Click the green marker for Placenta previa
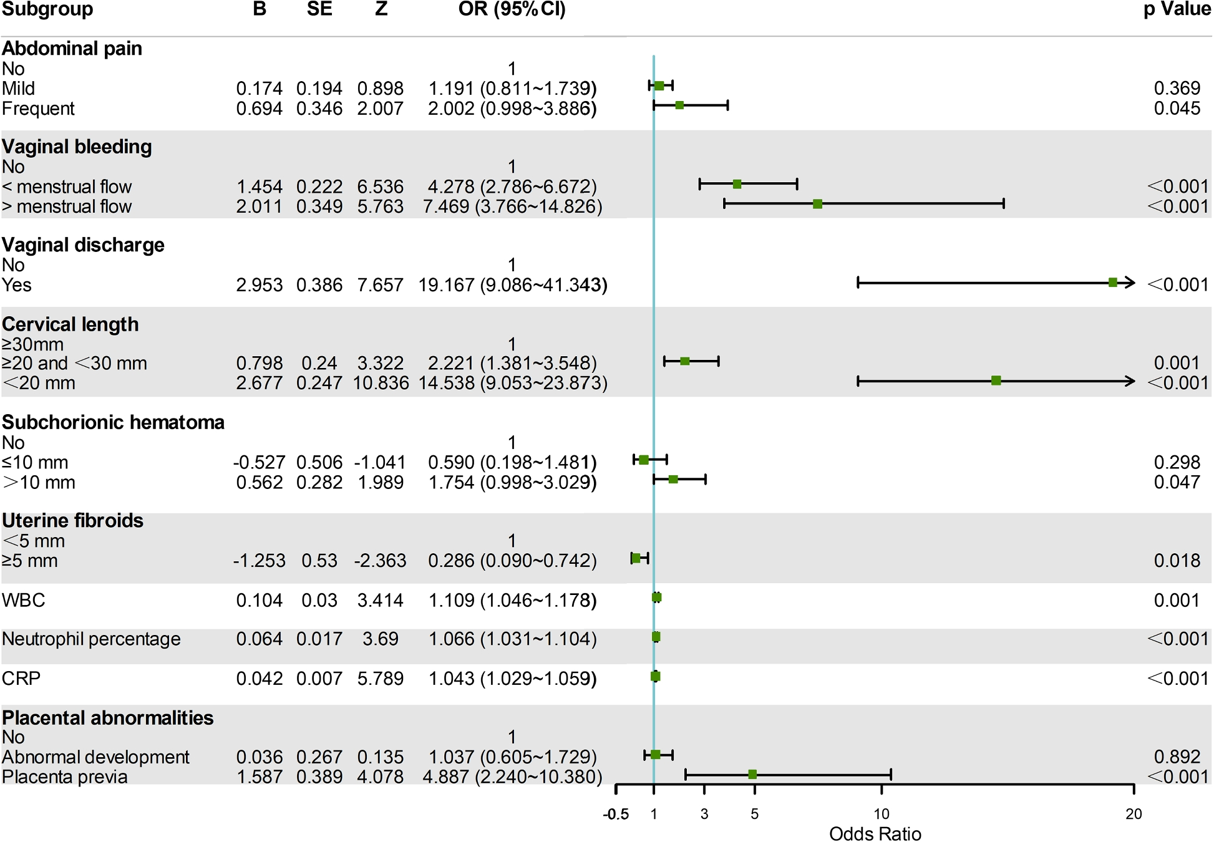pos(752,774)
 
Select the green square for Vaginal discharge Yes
pos(1113,283)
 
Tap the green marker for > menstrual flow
pos(818,204)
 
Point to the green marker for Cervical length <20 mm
pos(996,380)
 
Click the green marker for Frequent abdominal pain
pos(679,105)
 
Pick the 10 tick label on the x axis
pos(881,814)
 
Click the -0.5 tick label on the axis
pos(616,814)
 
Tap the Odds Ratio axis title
pos(875,834)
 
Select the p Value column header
pos(1177,9)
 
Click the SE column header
pos(319,9)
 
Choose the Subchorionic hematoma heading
pos(113,422)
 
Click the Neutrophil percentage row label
pos(91,639)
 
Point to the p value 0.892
pos(1177,757)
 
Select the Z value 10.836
pos(381,383)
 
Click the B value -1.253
pos(259,561)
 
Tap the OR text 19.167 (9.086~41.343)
pos(512,285)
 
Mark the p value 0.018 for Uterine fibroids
pos(1177,561)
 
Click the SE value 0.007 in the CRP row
pos(319,678)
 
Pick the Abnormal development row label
pos(95,757)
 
